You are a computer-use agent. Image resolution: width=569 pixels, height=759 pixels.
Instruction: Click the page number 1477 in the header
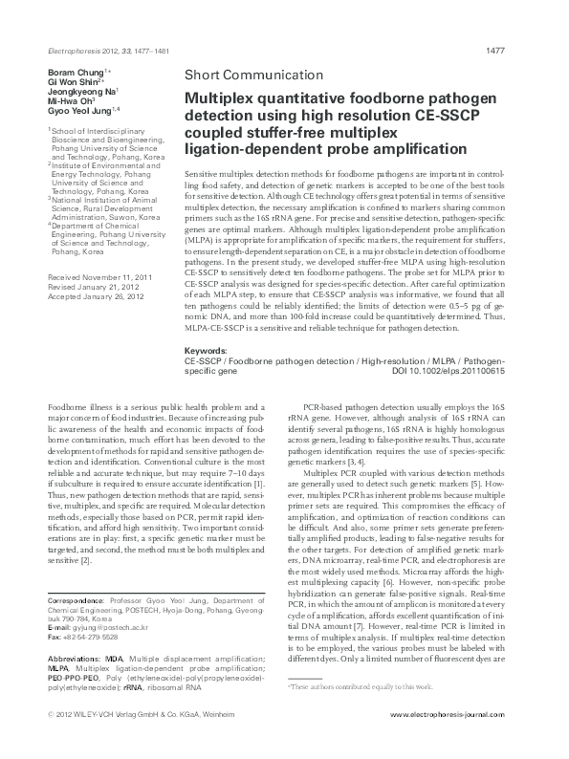click(522, 50)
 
